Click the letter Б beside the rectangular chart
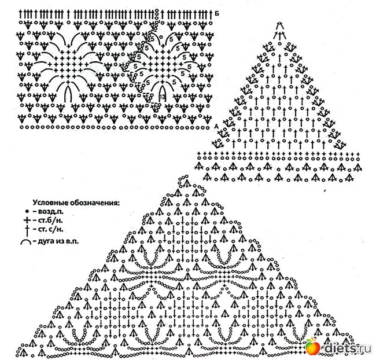(x=216, y=12)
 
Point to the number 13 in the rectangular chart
(x=163, y=96)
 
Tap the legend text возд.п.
(x=47, y=212)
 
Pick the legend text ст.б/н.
(x=47, y=222)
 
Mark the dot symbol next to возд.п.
(x=27, y=212)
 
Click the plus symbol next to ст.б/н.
(x=27, y=222)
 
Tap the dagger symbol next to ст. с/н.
(x=27, y=230)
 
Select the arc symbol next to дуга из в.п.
(x=27, y=240)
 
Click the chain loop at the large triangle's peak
(x=186, y=182)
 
